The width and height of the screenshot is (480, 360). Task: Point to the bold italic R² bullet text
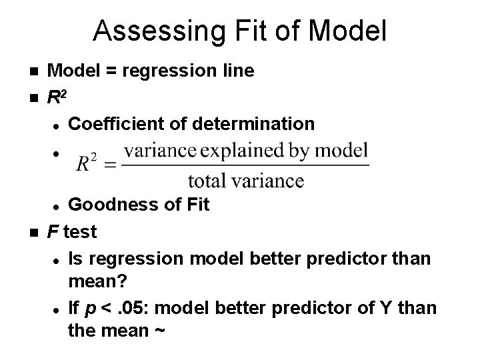[56, 97]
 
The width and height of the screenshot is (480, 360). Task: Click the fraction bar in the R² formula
[246, 165]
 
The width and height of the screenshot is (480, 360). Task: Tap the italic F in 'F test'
[51, 231]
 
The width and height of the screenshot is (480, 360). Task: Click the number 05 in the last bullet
[137, 309]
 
